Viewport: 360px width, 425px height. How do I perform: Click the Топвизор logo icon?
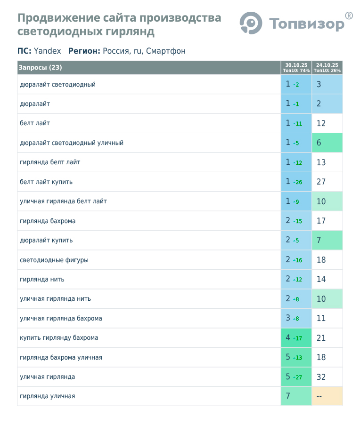tap(251, 23)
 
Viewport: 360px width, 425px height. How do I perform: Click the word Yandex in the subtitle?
tap(48, 51)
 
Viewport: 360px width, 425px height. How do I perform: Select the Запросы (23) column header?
tap(41, 67)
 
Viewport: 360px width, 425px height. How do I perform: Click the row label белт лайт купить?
tap(46, 182)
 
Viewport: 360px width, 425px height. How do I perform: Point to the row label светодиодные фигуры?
tap(54, 260)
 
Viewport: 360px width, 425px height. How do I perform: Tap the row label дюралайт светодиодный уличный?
tap(72, 143)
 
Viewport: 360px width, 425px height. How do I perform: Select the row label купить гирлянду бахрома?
tap(59, 338)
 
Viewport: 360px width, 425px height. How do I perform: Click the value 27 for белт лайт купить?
tap(321, 182)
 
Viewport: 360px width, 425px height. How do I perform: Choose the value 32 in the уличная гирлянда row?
tap(321, 377)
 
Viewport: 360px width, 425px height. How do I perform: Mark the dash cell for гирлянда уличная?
tap(319, 396)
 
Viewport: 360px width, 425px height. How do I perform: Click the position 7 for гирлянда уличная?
tap(288, 396)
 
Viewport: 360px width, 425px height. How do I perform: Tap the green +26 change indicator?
tap(297, 182)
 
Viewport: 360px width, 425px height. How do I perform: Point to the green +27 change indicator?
tap(297, 377)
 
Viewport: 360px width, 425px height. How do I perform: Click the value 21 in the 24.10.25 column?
tap(321, 338)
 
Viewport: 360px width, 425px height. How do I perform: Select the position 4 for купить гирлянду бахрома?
tap(288, 338)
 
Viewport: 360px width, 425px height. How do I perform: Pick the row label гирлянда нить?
tap(42, 280)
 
